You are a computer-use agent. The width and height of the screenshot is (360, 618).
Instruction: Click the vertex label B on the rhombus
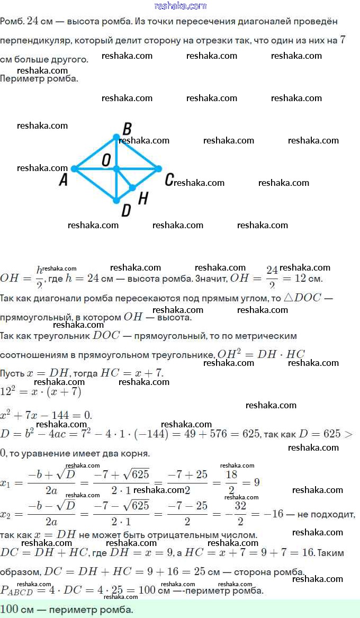click(x=127, y=129)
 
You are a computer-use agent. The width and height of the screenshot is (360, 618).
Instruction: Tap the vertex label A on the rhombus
click(x=64, y=181)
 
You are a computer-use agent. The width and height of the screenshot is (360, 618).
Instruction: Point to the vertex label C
click(x=169, y=180)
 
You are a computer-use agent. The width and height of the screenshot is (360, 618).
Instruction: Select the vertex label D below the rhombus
click(x=126, y=211)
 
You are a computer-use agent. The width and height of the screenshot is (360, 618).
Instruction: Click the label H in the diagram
click(x=143, y=198)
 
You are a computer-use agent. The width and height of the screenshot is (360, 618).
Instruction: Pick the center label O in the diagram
click(x=106, y=160)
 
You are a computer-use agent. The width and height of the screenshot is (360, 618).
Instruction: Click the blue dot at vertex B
click(x=116, y=137)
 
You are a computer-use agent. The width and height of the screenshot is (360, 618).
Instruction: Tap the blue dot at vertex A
click(x=75, y=169)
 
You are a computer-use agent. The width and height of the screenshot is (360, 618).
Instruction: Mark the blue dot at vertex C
click(x=158, y=169)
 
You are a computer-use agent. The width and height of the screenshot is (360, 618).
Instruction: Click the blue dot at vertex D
click(x=116, y=200)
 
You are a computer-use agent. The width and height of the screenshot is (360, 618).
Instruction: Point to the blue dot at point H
click(x=132, y=187)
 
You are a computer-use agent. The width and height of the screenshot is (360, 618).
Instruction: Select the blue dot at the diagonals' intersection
click(x=116, y=169)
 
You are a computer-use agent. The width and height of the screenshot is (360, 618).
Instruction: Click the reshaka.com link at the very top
click(x=180, y=6)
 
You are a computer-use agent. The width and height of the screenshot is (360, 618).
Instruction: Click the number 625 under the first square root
click(x=140, y=474)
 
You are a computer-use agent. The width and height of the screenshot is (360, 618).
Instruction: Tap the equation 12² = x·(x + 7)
click(x=40, y=392)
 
